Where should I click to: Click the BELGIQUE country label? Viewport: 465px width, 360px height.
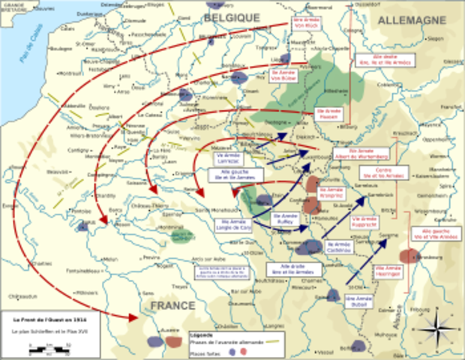point(232,16)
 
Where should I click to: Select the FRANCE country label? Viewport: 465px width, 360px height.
point(172,306)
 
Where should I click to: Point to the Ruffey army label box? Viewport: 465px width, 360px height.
point(288,219)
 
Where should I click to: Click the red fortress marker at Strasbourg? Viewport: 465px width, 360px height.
point(409,256)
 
